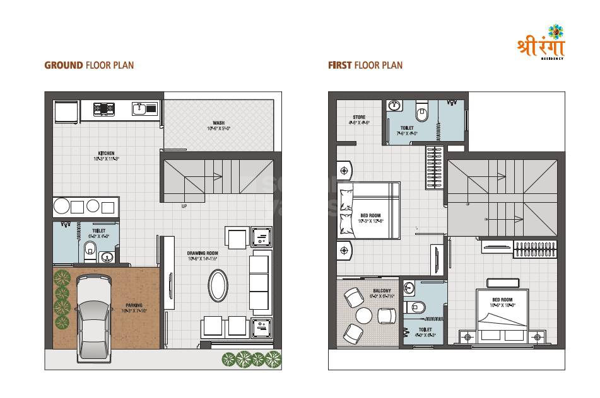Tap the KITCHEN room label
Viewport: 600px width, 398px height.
point(106,153)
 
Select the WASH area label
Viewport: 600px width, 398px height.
point(219,123)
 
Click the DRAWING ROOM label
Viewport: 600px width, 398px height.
point(202,254)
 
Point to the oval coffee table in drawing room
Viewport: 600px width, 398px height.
point(219,285)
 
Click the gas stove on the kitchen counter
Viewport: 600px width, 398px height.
point(104,109)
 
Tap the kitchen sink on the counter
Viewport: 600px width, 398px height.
point(144,109)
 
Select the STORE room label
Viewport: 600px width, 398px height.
point(359,117)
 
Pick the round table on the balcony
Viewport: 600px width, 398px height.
point(364,316)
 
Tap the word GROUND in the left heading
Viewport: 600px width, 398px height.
point(64,65)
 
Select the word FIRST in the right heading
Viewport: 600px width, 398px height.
point(339,65)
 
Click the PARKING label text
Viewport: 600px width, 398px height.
point(133,305)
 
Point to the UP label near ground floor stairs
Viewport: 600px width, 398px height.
point(184,206)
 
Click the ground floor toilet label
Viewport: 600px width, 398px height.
point(99,231)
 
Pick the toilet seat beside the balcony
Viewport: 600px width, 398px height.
point(417,307)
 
